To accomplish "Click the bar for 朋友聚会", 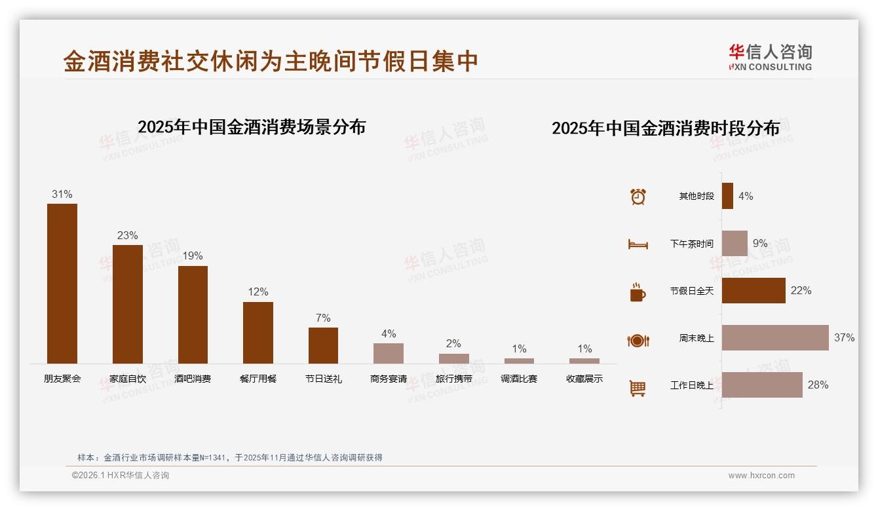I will (62, 284).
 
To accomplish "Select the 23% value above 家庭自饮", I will (127, 235).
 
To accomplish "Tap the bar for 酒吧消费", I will (193, 314).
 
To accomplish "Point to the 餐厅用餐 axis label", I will (258, 379).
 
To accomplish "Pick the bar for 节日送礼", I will (323, 345).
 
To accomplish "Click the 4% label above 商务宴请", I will (389, 333).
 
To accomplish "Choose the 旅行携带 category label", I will (453, 379).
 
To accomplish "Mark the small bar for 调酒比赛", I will (519, 360).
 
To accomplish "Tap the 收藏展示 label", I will (584, 379).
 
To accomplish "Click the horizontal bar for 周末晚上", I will (775, 337).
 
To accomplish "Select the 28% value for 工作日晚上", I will (818, 385).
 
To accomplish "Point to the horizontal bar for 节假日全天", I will (754, 290).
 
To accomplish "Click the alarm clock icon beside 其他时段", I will (638, 197).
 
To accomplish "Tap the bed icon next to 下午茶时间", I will (638, 244).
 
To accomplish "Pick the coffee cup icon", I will (638, 292).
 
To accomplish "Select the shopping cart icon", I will (638, 388).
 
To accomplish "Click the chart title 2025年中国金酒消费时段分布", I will (666, 128).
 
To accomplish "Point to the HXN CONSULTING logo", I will (770, 57).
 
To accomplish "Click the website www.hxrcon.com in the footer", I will (761, 476).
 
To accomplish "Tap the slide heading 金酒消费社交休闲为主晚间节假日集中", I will (271, 61).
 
